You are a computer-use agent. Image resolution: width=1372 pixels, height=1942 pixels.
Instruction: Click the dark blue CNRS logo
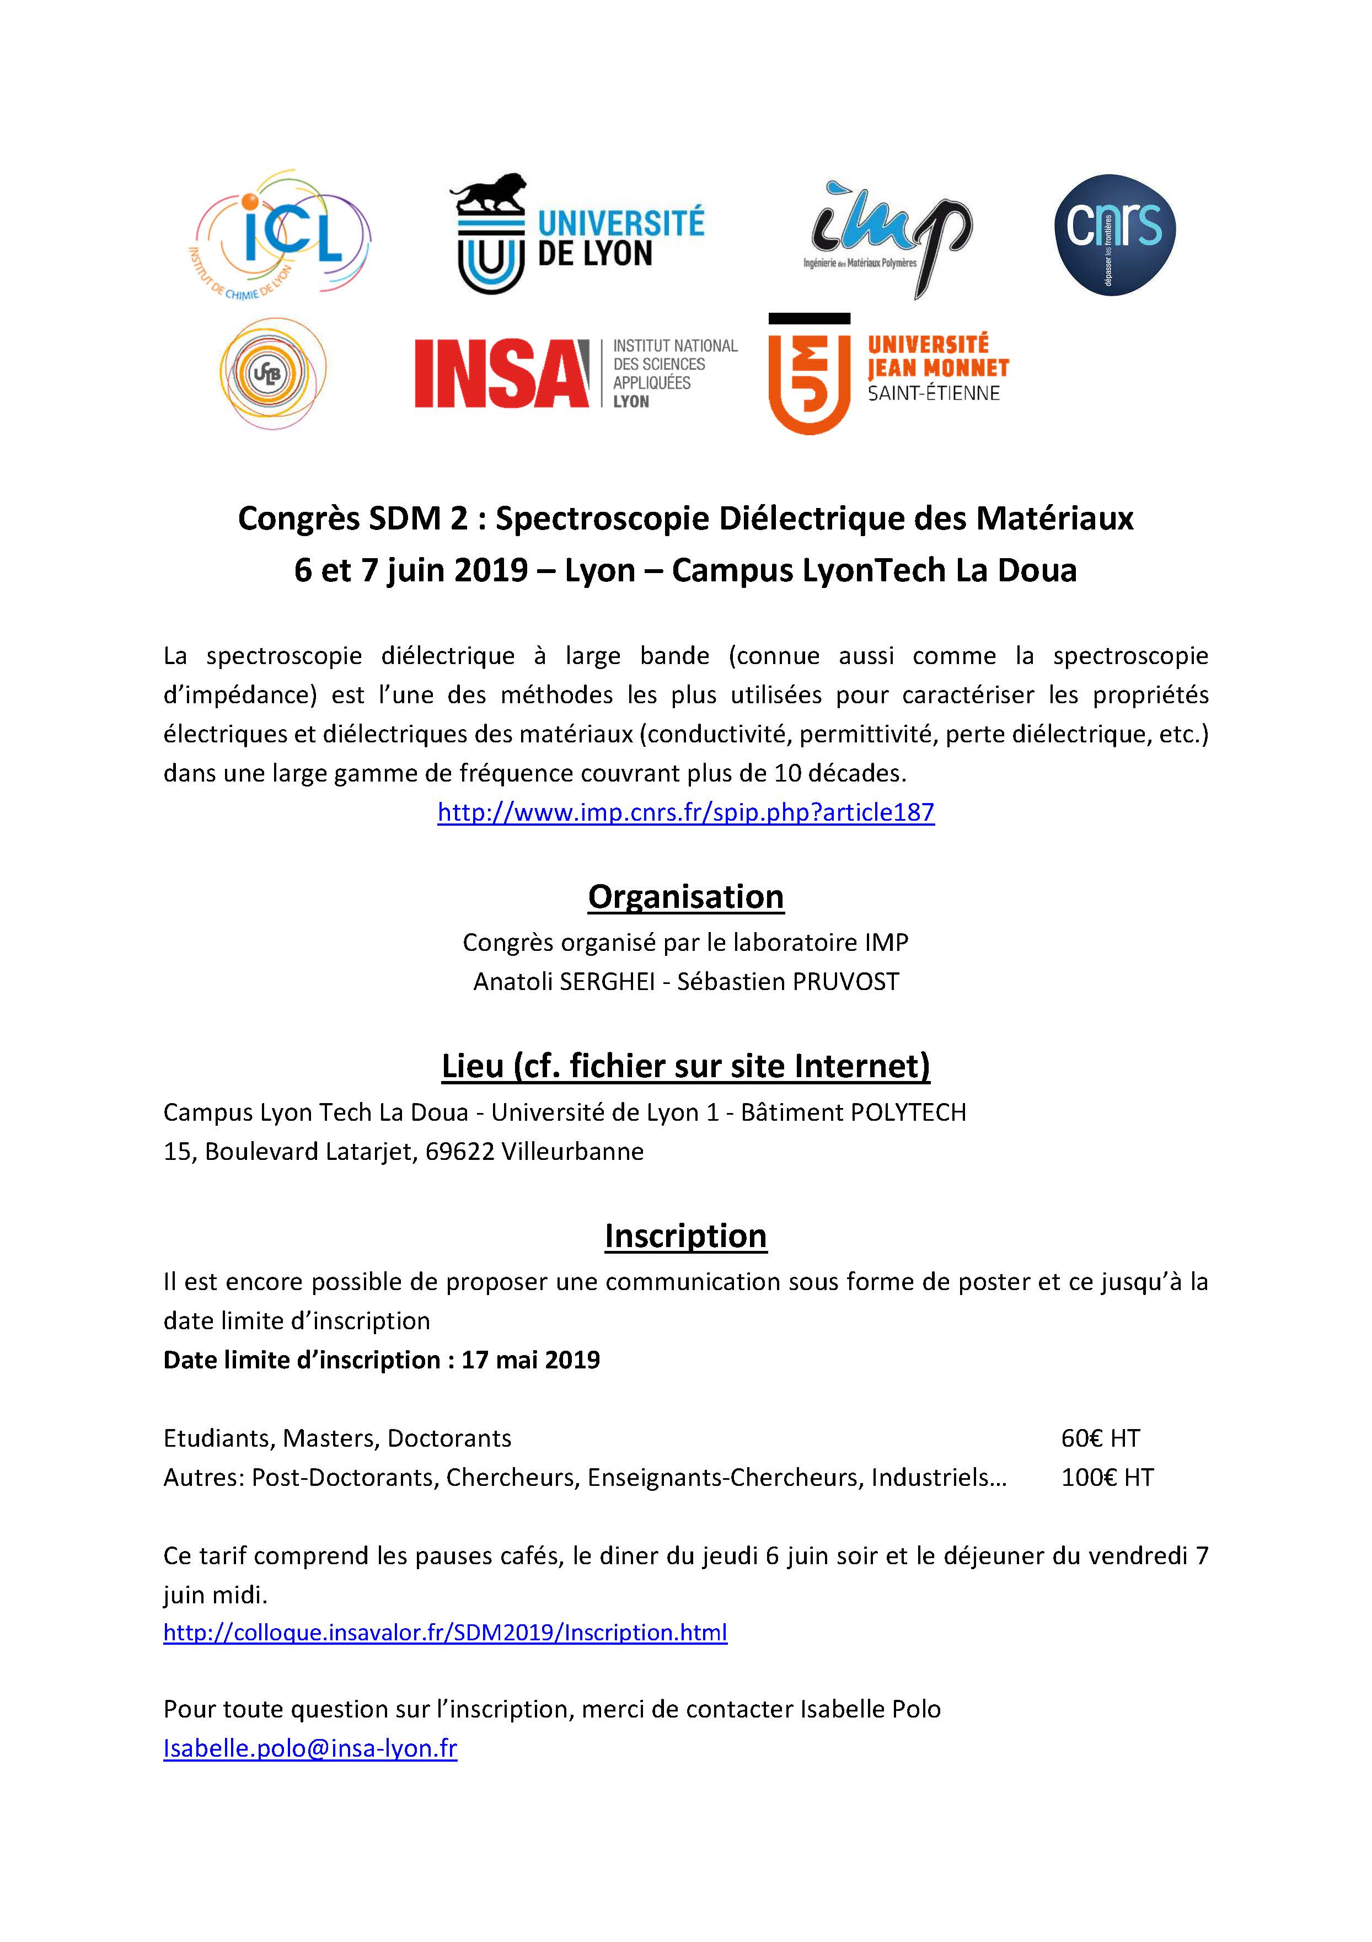pos(1114,234)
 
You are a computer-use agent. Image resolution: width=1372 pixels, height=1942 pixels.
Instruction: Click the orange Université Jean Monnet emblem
pos(808,375)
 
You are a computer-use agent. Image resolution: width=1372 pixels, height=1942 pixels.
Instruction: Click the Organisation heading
pos(685,897)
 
